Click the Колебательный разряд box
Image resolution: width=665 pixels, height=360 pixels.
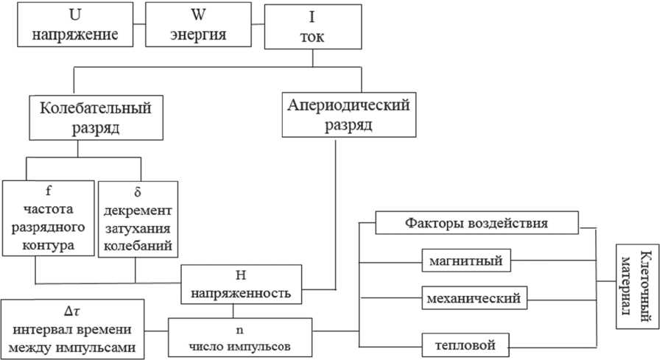tap(96, 117)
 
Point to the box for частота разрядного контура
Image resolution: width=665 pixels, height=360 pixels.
tap(48, 218)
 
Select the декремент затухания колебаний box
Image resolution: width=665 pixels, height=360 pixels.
tap(137, 219)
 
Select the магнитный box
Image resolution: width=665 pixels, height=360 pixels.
tap(467, 261)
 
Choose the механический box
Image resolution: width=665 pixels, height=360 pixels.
tap(473, 299)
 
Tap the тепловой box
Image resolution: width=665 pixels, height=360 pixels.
tap(468, 343)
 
